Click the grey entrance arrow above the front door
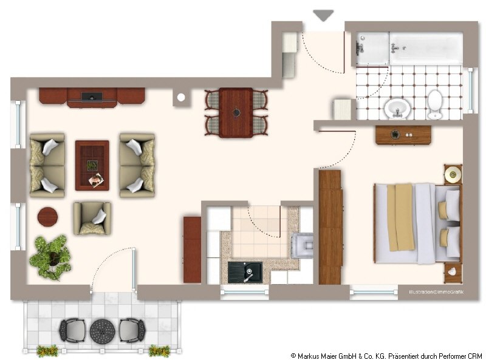pyautogui.click(x=323, y=15)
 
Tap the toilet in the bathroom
pyautogui.click(x=434, y=104)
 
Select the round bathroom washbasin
pyautogui.click(x=398, y=109)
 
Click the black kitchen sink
pyautogui.click(x=245, y=273)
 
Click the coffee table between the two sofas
pyautogui.click(x=92, y=166)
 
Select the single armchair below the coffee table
pyautogui.click(x=92, y=219)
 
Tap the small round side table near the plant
pyautogui.click(x=47, y=217)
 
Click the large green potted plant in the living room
pyautogui.click(x=51, y=258)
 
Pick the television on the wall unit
pyautogui.click(x=92, y=97)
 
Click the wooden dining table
pyautogui.click(x=236, y=112)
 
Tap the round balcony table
pyautogui.click(x=102, y=331)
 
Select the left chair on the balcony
pyautogui.click(x=72, y=330)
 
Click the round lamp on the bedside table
pyautogui.click(x=453, y=174)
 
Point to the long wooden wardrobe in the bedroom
pyautogui.click(x=330, y=227)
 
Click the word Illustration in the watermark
pyautogui.click(x=421, y=292)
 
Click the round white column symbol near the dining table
pyautogui.click(x=181, y=98)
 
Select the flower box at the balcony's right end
pyautogui.click(x=159, y=351)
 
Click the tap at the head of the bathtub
pyautogui.click(x=396, y=48)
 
